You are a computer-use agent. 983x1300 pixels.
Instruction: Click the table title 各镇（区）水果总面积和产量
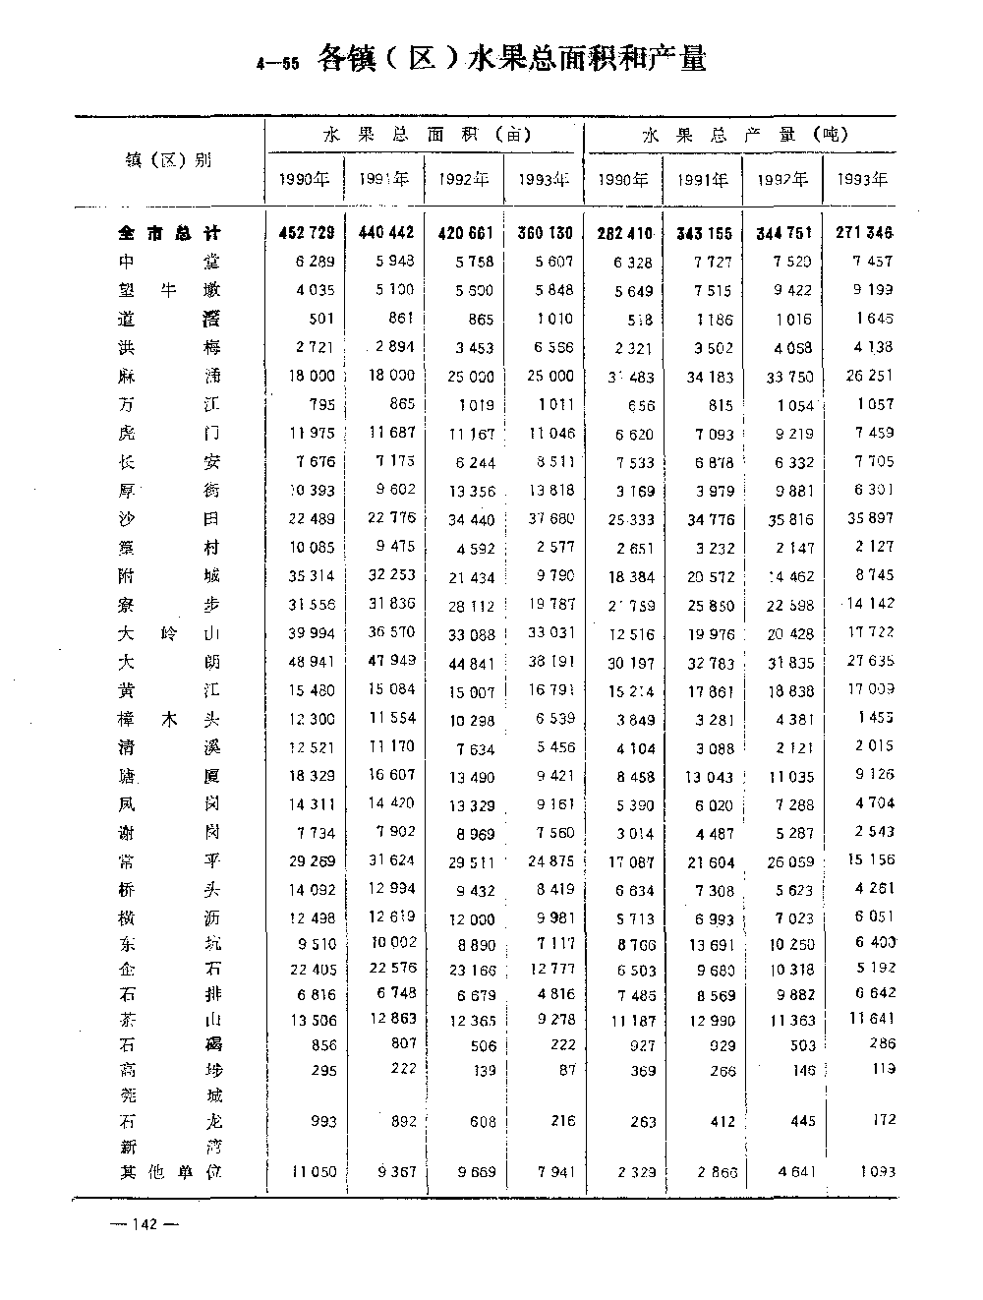511,60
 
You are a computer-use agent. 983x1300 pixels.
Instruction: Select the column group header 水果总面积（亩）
426,135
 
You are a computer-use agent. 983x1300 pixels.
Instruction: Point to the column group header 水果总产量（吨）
744,135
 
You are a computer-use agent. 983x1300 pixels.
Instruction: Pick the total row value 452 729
307,233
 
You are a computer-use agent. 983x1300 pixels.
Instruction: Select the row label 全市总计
169,233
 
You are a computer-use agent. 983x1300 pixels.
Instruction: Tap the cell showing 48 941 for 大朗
309,662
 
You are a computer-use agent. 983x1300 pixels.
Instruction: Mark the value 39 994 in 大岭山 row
309,633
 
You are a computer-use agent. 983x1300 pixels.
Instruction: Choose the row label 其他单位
169,1172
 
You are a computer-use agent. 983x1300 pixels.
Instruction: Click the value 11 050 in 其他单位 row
313,1172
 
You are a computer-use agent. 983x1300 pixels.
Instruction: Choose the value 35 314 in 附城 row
309,575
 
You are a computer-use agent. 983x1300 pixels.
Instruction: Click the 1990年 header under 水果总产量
623,179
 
